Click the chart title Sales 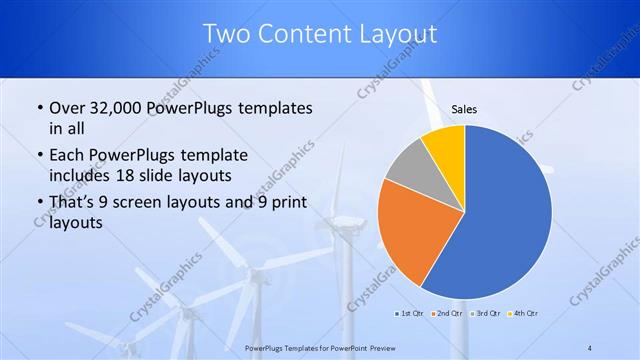464,108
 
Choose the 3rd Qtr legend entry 488,313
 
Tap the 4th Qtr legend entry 526,313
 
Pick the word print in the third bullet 285,202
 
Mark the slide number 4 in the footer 589,348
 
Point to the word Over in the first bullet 66,108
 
